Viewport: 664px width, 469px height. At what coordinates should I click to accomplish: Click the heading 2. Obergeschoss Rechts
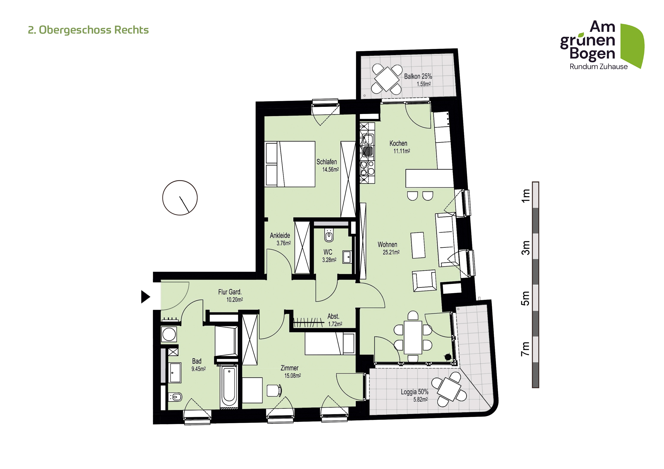(x=88, y=30)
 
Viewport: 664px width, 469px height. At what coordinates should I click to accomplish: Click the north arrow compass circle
(x=180, y=198)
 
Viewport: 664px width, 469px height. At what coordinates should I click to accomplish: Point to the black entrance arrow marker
(x=145, y=297)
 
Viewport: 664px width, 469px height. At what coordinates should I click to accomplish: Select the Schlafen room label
(x=326, y=162)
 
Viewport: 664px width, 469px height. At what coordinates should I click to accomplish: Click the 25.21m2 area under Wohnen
(x=391, y=252)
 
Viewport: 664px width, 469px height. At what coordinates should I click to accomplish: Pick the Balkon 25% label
(x=418, y=76)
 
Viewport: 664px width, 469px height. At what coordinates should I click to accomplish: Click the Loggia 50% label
(x=414, y=392)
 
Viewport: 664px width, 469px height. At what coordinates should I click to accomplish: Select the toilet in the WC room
(x=329, y=235)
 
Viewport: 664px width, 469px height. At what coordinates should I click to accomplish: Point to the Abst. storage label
(x=333, y=317)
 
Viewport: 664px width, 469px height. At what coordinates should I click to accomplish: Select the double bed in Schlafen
(x=290, y=164)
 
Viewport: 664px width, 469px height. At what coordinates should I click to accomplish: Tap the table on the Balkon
(x=387, y=79)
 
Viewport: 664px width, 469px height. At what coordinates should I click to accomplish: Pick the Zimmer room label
(x=289, y=368)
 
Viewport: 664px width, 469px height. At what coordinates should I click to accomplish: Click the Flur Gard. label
(x=230, y=292)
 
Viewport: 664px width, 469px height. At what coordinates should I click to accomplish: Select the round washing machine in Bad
(x=169, y=335)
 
